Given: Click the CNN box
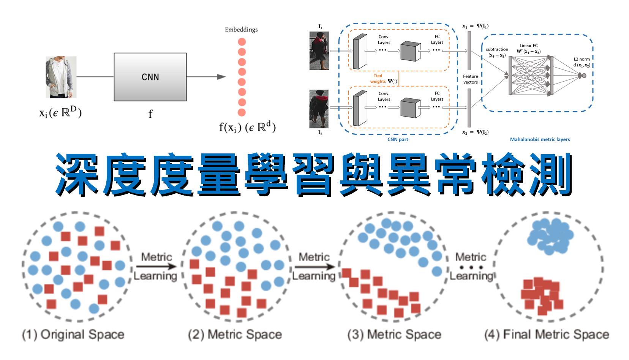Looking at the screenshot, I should pos(150,77).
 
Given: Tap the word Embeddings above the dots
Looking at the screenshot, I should pos(241,30).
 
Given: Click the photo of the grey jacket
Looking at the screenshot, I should pos(61,77).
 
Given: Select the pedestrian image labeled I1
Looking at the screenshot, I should pos(319,51).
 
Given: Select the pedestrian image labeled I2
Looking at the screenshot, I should pos(319,109).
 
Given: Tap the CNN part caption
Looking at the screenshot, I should pos(397,139).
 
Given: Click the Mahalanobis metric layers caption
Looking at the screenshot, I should pos(539,139).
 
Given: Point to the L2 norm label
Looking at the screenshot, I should pos(582,62).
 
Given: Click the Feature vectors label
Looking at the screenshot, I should pos(470,79).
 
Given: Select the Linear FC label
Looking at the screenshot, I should pos(528,48).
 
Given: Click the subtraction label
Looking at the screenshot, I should pos(497,52).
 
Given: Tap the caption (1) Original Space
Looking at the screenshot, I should pos(73,335).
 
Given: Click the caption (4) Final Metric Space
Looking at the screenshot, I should pos(547,335).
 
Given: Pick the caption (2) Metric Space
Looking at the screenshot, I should pos(235,335).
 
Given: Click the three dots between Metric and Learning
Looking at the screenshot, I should pos(471,267).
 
